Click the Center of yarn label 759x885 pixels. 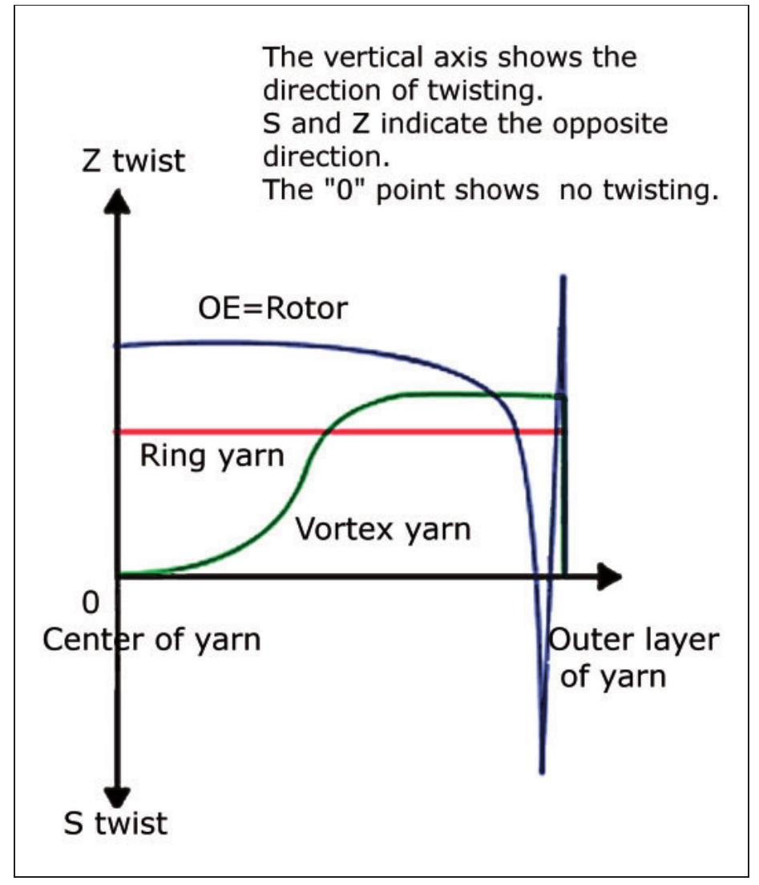click(x=151, y=640)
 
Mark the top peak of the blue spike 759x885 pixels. click(x=563, y=278)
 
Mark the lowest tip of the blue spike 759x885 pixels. click(x=543, y=772)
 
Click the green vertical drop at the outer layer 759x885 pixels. click(x=565, y=489)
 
